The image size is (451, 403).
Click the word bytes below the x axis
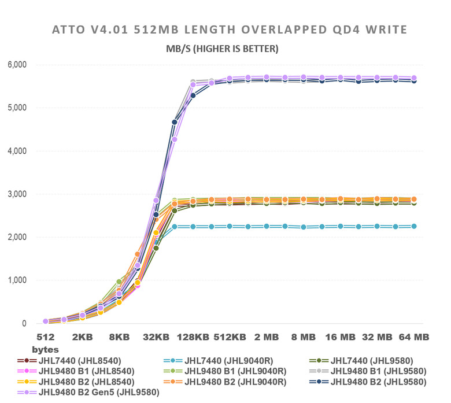pos(45,350)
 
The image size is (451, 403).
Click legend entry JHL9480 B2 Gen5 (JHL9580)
pos(96,392)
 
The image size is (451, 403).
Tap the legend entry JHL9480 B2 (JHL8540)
pos(87,382)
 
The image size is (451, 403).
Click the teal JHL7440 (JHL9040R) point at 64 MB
pos(413,227)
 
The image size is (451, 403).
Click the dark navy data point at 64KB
pos(175,122)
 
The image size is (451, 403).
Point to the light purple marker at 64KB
pos(175,139)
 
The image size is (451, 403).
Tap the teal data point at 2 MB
pos(267,226)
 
